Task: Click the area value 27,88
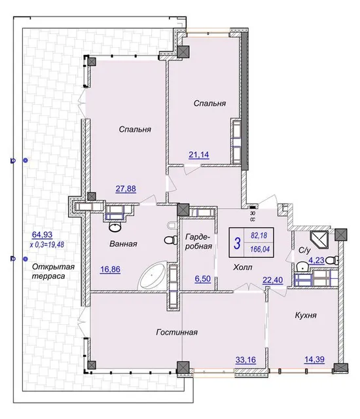tap(126, 189)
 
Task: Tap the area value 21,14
tap(199, 155)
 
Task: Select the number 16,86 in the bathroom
tap(111, 269)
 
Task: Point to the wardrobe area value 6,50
tap(203, 279)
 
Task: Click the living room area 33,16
tap(245, 360)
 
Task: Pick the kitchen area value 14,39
tap(315, 359)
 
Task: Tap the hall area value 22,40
tap(273, 280)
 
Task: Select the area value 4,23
tap(316, 261)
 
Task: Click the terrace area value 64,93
tap(42, 234)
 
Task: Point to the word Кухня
tap(306, 316)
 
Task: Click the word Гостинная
tap(177, 332)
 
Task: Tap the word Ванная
tap(124, 244)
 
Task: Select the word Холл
tap(243, 267)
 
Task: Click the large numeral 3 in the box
tap(237, 243)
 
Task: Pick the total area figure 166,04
tap(260, 249)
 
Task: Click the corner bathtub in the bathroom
tap(153, 277)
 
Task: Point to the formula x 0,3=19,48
tap(47, 244)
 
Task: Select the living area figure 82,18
tap(259, 236)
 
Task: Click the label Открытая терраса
tap(53, 271)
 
